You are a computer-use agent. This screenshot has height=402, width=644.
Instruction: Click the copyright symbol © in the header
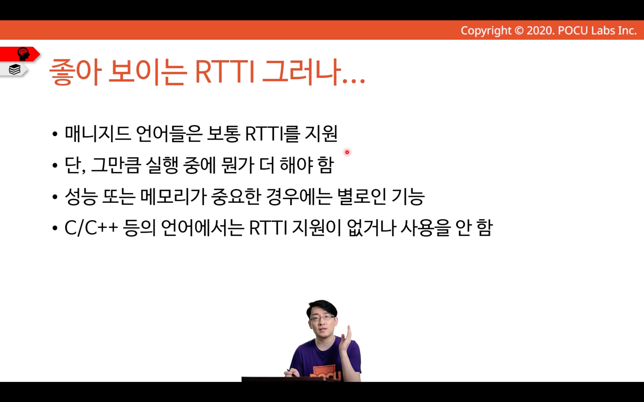pos(519,31)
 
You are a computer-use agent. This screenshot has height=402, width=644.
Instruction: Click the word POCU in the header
pos(573,31)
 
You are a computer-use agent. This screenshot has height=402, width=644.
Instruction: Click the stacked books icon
pos(14,69)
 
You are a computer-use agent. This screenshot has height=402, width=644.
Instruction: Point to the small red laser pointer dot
pos(347,152)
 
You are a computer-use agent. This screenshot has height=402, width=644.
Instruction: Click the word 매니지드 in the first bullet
pos(98,134)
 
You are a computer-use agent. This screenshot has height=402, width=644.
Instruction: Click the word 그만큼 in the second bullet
pos(116,165)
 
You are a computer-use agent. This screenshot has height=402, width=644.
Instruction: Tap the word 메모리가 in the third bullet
pos(173,197)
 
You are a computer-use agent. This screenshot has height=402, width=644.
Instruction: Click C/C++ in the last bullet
pos(91,228)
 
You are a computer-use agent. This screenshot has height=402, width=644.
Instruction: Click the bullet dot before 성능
pos(55,197)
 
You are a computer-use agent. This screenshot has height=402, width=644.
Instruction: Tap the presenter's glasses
pos(322,318)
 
